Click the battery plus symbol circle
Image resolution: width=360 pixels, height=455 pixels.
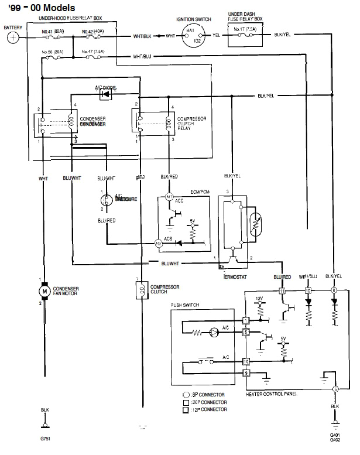[x=13, y=37]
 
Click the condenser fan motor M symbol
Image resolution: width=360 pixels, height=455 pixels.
[x=43, y=291]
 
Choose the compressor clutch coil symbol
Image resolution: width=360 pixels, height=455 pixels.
[x=140, y=290]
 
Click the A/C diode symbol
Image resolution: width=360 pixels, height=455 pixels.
[x=105, y=93]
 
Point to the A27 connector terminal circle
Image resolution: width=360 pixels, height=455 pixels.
[x=158, y=242]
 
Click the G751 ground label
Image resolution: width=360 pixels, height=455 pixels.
[x=46, y=437]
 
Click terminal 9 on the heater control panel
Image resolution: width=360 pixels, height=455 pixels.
[x=246, y=372]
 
